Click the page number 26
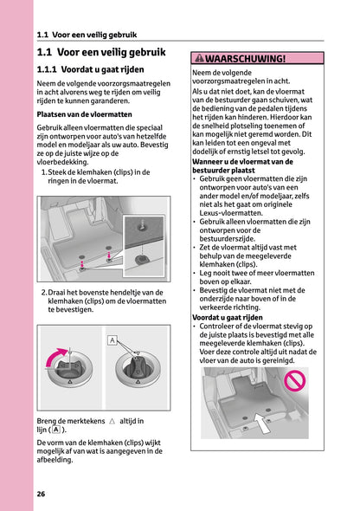pos(41,494)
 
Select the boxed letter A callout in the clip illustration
pos(112,340)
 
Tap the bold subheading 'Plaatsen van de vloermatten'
pos(84,113)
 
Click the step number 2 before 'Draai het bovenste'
pos(44,293)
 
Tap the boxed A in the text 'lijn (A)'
pos(55,430)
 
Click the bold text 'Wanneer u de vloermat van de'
pos(245,161)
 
